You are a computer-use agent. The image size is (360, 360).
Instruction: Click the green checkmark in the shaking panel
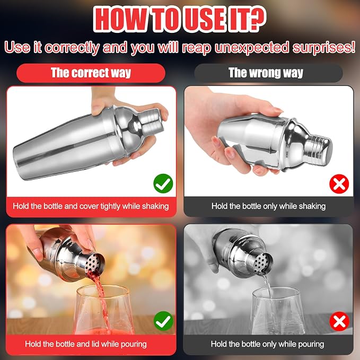point(163,183)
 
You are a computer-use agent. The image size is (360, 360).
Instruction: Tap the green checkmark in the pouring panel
point(163,321)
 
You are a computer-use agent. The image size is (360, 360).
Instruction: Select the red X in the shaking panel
point(339,183)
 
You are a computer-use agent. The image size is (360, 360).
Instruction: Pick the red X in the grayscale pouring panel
point(339,321)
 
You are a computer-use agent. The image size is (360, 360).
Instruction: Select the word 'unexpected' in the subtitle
point(251,48)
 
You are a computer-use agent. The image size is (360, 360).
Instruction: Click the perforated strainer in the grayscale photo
point(262,262)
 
